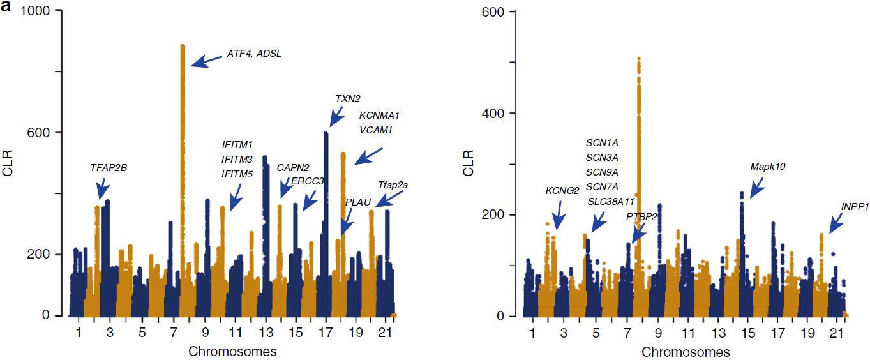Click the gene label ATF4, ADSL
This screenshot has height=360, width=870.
point(254,54)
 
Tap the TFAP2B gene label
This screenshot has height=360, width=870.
point(109,169)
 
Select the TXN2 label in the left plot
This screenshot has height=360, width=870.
point(348,99)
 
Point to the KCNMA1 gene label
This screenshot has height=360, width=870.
point(379,116)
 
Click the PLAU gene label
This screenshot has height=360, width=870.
point(358,202)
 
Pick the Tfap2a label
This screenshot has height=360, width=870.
point(393,185)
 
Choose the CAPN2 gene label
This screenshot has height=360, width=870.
point(293,168)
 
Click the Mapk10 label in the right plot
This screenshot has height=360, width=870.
point(768,167)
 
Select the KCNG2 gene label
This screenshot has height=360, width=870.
point(562,190)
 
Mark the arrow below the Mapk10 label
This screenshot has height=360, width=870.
point(757,188)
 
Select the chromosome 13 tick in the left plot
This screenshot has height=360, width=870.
point(264,333)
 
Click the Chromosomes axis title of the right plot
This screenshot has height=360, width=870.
point(686,352)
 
